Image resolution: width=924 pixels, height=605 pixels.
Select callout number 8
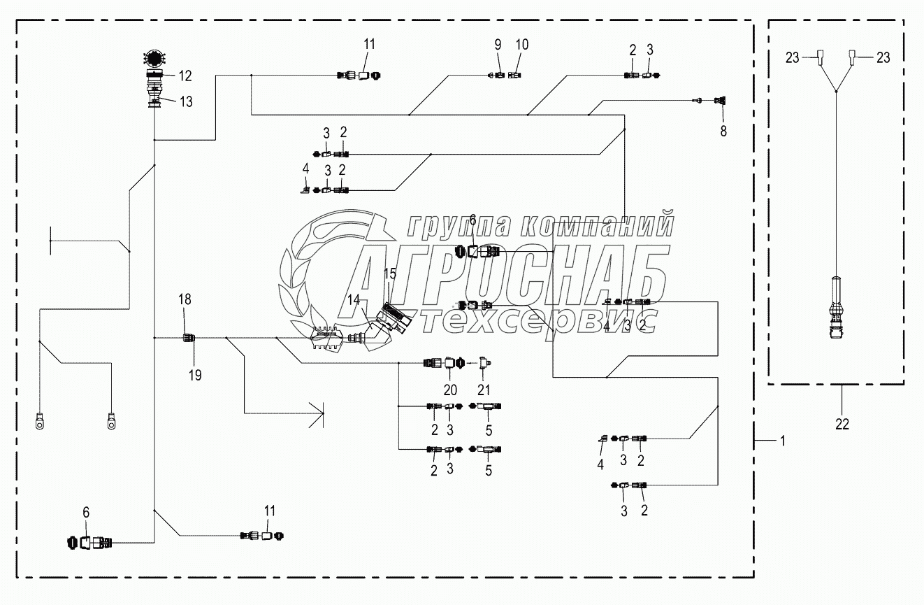tap(723, 131)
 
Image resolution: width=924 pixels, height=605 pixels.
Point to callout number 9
tap(498, 44)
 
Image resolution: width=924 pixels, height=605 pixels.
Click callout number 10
tap(522, 44)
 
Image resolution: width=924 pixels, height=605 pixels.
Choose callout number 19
tap(195, 376)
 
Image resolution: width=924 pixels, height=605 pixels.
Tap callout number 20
tap(449, 390)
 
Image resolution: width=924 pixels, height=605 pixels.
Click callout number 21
tap(484, 390)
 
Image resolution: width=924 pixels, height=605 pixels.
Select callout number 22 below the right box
tap(842, 425)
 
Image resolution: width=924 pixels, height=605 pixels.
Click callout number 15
tap(390, 273)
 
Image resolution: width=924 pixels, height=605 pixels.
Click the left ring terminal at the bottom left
tap(40, 421)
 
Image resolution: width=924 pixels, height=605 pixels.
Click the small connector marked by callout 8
tap(719, 101)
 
